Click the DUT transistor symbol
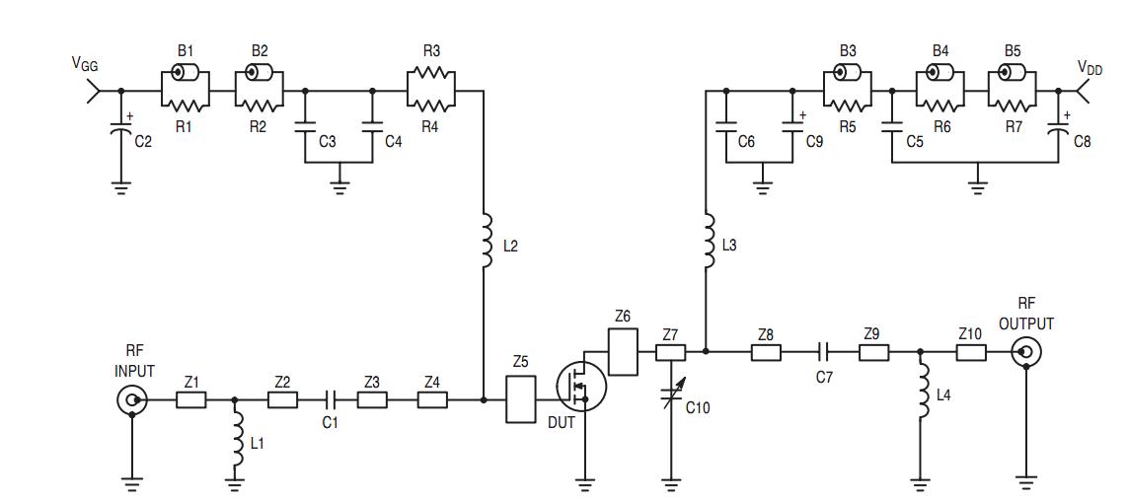point(580,386)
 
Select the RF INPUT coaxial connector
point(132,399)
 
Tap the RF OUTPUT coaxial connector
point(1025,352)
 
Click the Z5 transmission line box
point(520,399)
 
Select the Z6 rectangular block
point(623,351)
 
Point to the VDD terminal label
point(1089,67)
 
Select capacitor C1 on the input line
point(330,399)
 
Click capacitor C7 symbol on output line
point(824,352)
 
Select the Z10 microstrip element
point(970,352)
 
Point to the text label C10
point(697,408)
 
